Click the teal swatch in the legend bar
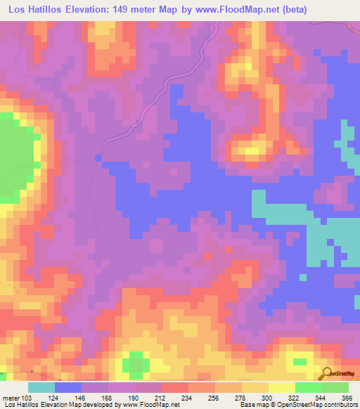[x=41, y=387]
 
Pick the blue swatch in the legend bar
[x=67, y=387]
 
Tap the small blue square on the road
[x=98, y=157]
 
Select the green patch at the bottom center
[x=136, y=364]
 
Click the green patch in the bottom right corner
[x=300, y=361]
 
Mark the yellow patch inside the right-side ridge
[x=255, y=147]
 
